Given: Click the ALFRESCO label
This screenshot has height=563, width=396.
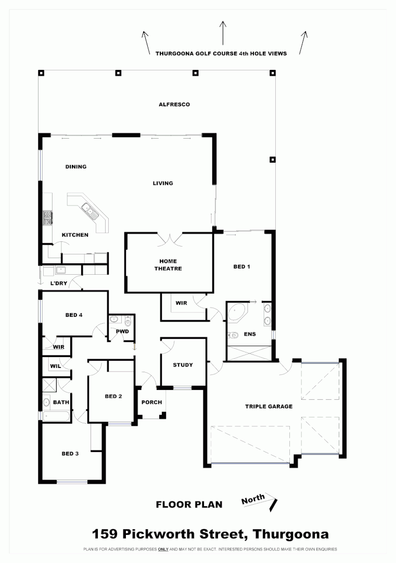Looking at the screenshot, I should click(174, 104).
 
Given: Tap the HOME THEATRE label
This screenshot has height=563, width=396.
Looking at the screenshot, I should click(168, 265).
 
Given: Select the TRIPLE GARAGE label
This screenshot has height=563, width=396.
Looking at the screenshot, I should click(269, 407).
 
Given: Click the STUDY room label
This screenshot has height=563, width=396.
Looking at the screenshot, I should click(183, 365).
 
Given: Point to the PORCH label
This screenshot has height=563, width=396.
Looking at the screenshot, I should click(151, 402).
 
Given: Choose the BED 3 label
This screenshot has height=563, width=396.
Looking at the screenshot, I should click(70, 454).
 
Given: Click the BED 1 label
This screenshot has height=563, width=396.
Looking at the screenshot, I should click(241, 267).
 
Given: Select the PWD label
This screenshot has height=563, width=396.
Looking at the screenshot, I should click(122, 332).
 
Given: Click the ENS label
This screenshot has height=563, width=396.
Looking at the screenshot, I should click(250, 334).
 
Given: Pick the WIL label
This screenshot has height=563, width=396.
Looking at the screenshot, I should click(55, 366).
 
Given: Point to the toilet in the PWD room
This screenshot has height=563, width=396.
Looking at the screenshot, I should click(128, 322).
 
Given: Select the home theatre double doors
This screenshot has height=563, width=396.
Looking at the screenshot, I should click(169, 240).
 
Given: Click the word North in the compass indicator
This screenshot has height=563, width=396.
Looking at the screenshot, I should click(253, 500).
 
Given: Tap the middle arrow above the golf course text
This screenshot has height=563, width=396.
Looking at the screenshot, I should click(223, 32).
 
